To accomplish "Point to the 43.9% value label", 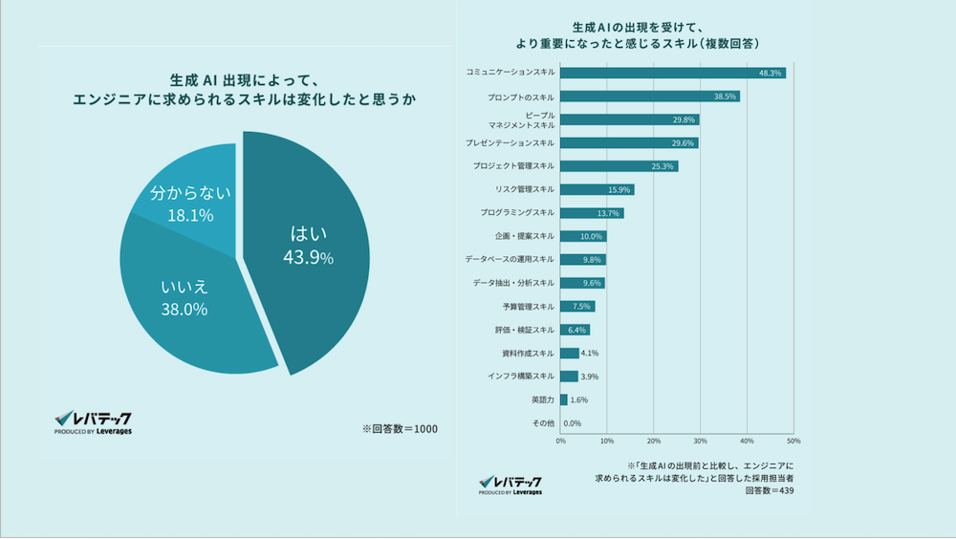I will click(x=308, y=258).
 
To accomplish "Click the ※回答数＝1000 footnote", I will click(x=400, y=428).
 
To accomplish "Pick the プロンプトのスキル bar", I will click(x=649, y=97).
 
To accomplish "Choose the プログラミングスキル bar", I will click(x=592, y=212).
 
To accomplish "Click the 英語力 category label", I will click(x=542, y=399).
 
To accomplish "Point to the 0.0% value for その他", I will click(x=573, y=423).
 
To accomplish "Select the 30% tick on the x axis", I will click(x=700, y=442).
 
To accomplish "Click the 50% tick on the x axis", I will click(x=793, y=442).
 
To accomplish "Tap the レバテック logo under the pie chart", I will click(x=93, y=422).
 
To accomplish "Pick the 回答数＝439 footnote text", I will click(x=769, y=491).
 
